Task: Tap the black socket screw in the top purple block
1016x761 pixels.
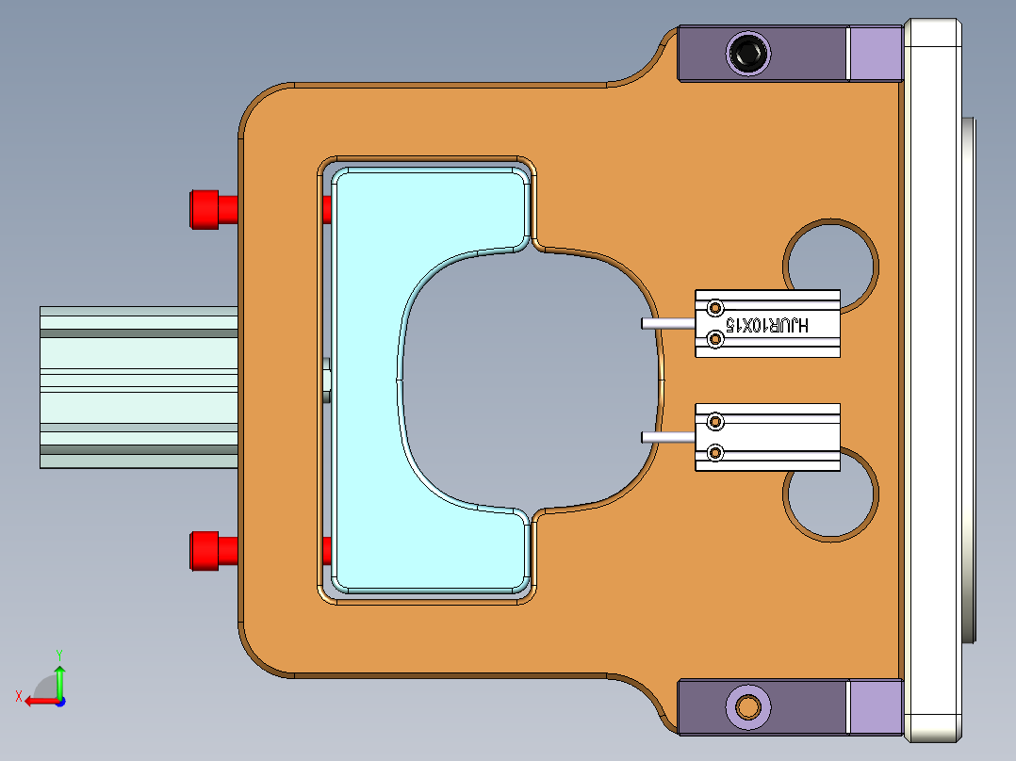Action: [x=748, y=53]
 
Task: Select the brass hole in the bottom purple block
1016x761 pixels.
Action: [x=749, y=706]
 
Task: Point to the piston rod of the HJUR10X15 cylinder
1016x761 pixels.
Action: [x=667, y=323]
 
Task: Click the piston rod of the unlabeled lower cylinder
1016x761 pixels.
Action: [x=667, y=437]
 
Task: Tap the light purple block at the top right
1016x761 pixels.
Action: [x=875, y=53]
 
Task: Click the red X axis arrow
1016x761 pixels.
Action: [x=36, y=701]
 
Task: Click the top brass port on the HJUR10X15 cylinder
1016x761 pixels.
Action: [x=715, y=308]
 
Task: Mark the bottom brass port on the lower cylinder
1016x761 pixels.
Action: [x=715, y=454]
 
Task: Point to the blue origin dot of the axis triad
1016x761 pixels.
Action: [x=59, y=701]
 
